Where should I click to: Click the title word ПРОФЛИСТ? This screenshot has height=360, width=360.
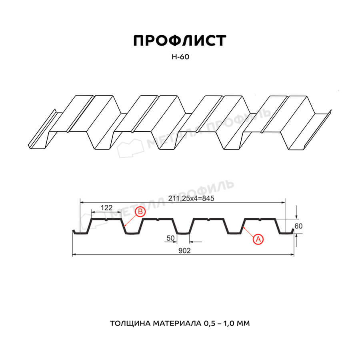tap(180, 41)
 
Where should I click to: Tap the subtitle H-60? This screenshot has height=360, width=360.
tap(180, 57)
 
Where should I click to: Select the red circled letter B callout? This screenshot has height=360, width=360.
tap(140, 212)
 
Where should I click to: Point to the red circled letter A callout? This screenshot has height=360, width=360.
tap(258, 239)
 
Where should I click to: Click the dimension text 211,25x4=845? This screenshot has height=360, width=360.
tap(191, 198)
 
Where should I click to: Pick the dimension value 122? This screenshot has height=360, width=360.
tap(106, 208)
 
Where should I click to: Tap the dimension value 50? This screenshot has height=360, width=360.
tap(170, 238)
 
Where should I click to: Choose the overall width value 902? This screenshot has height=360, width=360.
tap(184, 251)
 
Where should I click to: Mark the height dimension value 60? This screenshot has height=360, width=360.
tap(298, 226)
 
